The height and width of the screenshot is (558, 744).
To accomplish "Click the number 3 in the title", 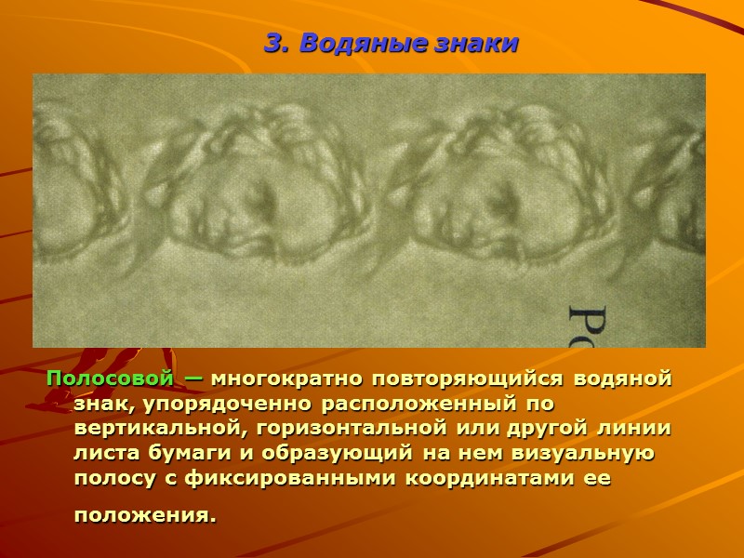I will (x=272, y=44).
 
